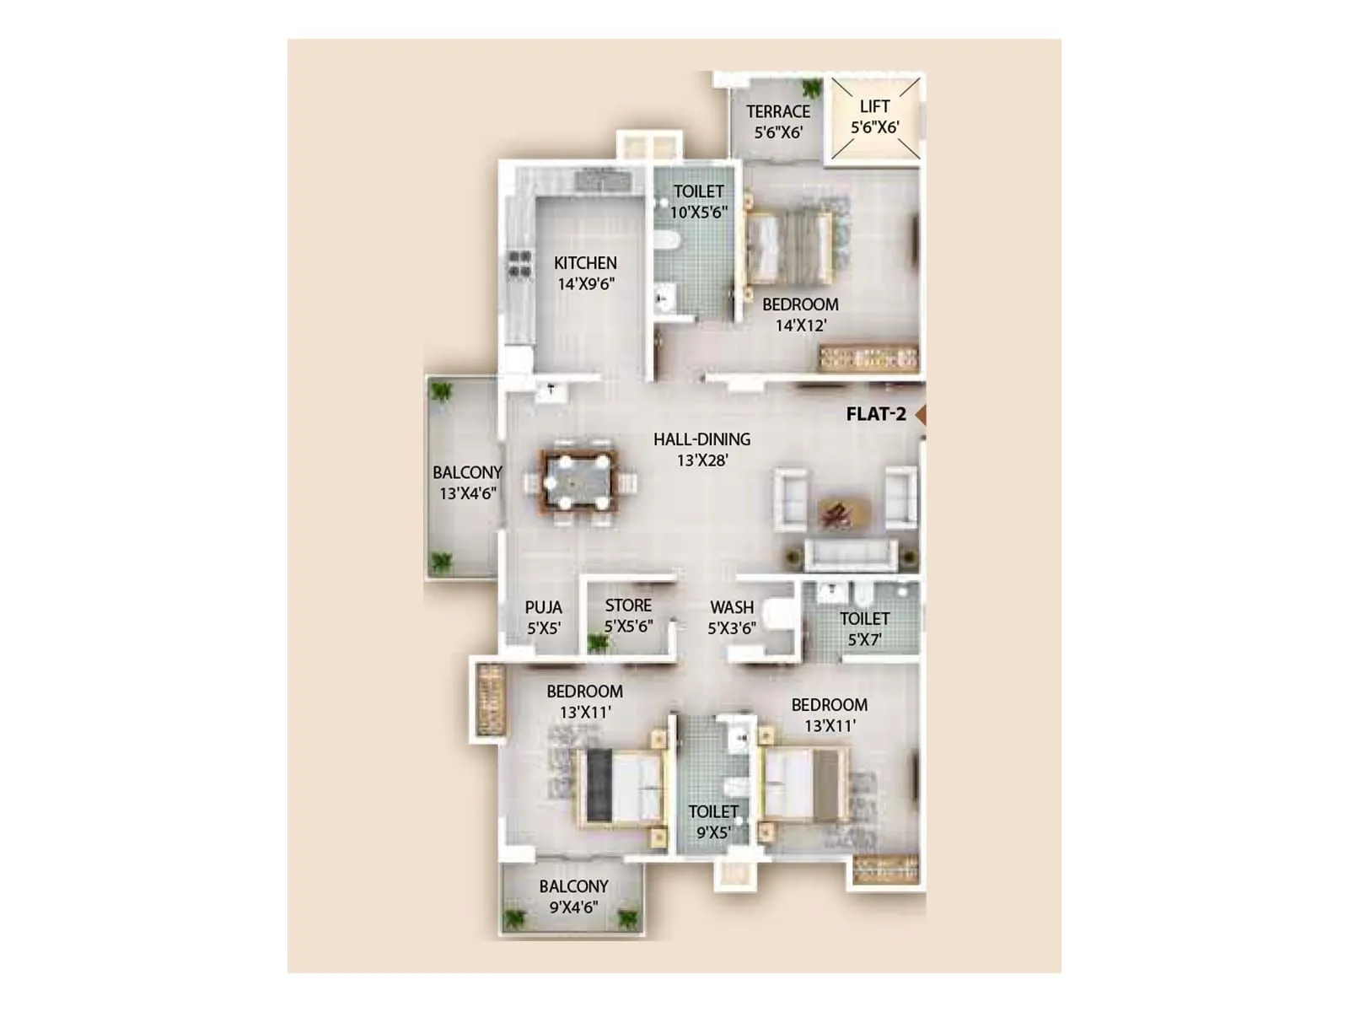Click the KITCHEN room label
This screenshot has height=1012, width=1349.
(585, 263)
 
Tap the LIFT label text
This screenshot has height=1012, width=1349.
(874, 107)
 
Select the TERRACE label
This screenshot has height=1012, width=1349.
(777, 111)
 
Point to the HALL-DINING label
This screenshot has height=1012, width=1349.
(701, 439)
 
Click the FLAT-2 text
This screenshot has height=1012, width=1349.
(876, 414)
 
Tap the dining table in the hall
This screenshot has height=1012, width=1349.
(578, 482)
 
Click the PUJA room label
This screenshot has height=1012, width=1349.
(543, 607)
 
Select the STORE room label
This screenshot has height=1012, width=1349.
(628, 606)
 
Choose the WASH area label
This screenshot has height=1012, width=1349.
(732, 607)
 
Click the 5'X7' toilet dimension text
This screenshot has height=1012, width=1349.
(864, 640)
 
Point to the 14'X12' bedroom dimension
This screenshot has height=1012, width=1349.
(800, 326)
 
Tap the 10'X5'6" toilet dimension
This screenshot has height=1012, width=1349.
(698, 213)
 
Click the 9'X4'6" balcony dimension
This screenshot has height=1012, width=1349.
(573, 907)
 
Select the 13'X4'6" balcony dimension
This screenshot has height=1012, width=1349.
(467, 493)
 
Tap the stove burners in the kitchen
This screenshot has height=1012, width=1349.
(519, 264)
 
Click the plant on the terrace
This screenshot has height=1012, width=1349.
(812, 89)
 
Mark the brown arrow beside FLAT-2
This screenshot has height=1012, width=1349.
(921, 414)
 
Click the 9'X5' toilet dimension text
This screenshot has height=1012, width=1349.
(712, 833)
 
